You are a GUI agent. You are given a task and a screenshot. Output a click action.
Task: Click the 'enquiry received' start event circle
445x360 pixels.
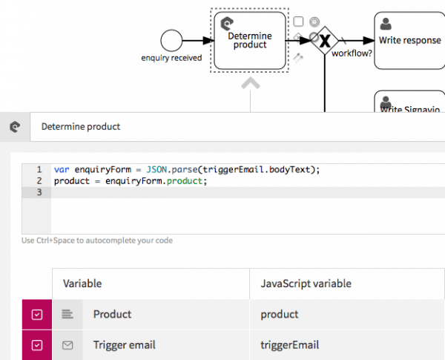point(171,41)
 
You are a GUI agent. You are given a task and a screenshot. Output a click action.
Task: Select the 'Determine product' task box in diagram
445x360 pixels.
point(250,41)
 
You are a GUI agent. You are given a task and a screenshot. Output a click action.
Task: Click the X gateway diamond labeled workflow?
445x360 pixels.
point(324,41)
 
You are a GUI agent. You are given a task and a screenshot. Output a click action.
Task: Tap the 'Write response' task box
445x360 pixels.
point(409,41)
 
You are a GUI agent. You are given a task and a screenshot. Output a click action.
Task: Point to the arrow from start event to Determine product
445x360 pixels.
point(197,41)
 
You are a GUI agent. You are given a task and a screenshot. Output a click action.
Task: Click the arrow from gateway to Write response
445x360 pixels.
point(356,41)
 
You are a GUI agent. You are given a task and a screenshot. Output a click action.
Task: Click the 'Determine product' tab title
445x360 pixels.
point(81,126)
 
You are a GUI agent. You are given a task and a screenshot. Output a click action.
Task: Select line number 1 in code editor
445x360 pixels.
point(38,169)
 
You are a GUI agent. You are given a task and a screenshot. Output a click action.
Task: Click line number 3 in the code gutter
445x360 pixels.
point(38,192)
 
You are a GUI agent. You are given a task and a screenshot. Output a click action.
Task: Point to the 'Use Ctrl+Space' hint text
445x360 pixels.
point(97,240)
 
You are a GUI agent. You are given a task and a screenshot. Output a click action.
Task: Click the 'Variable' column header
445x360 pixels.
point(82,284)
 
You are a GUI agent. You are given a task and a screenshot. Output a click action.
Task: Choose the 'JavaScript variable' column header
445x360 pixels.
point(306,284)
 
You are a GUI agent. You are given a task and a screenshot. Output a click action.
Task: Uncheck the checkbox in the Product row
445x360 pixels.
point(37,315)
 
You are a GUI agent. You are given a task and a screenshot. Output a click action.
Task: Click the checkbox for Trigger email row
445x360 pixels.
point(37,345)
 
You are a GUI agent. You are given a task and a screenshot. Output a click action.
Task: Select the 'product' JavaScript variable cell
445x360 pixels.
point(279,315)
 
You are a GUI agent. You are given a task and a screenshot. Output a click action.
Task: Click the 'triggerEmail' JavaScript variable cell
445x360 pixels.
point(290,345)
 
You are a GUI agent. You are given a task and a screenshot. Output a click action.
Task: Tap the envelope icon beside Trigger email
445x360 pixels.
point(67,345)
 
